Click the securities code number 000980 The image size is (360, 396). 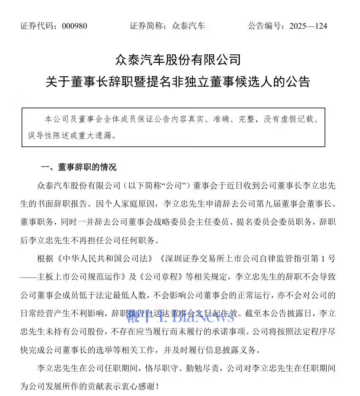[74, 26]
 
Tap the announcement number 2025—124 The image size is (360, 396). [308, 26]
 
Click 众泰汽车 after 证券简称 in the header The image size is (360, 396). [188, 26]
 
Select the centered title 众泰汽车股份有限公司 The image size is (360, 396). [178, 59]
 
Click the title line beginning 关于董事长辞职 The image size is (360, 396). [178, 81]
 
